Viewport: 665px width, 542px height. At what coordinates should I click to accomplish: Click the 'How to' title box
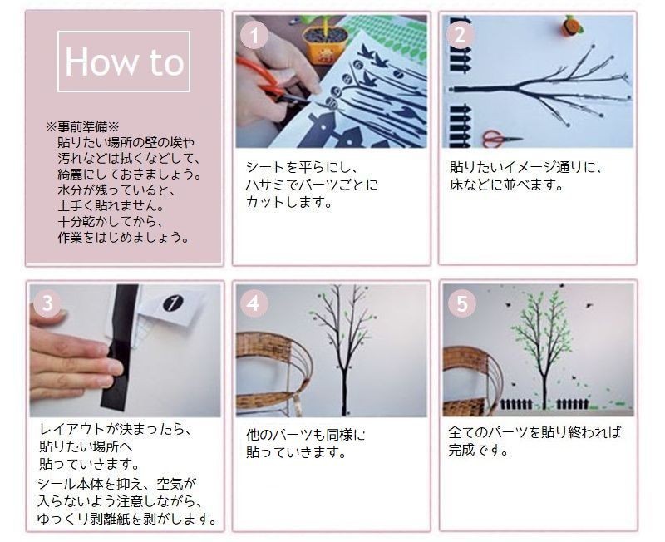124,62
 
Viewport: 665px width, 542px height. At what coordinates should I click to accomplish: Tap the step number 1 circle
253,36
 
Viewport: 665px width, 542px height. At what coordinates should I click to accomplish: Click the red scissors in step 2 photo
499,137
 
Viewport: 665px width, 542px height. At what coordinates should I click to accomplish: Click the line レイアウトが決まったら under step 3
115,430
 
